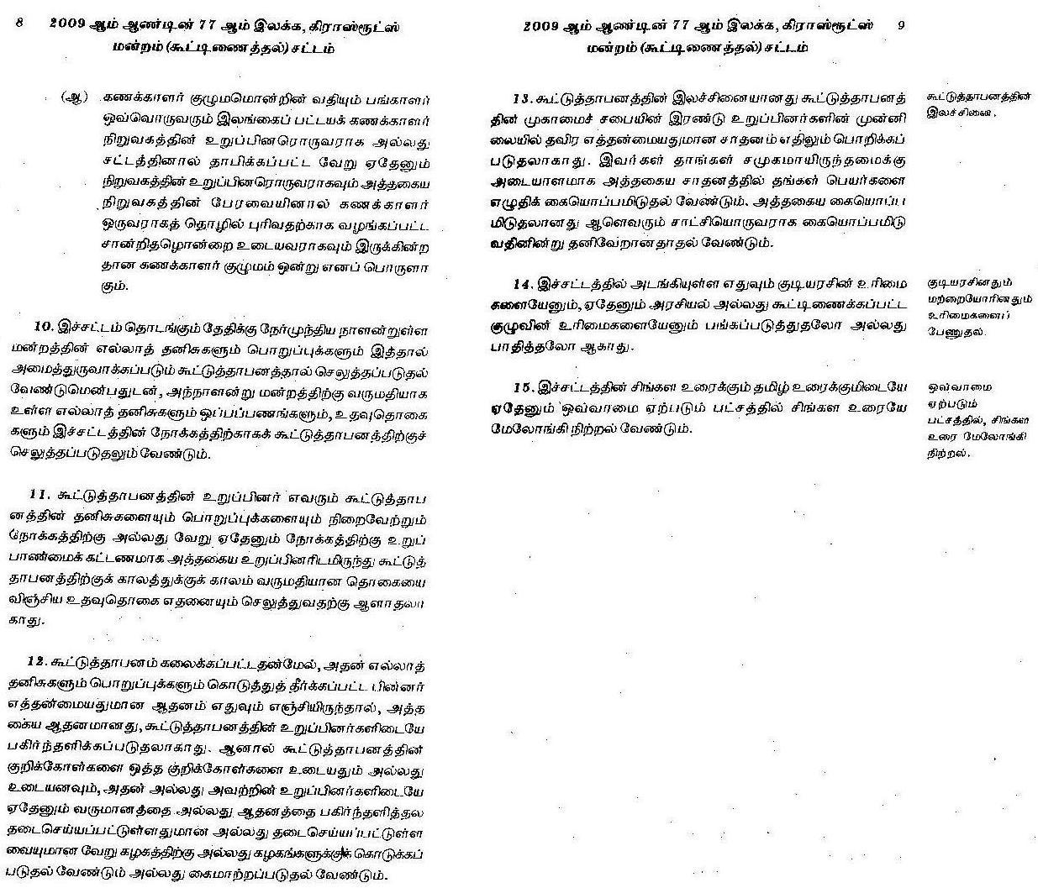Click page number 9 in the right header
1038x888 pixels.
point(901,26)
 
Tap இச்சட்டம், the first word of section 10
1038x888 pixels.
point(92,325)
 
